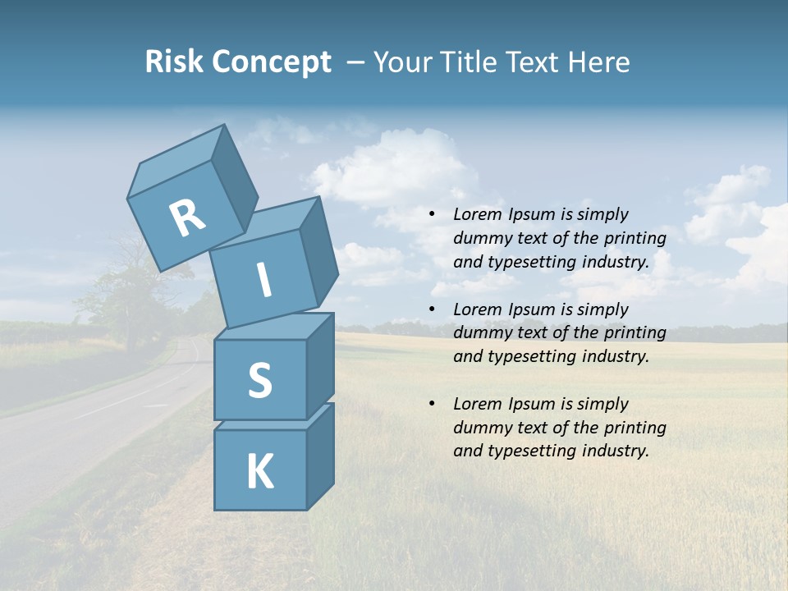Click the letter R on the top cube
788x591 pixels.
[x=187, y=218]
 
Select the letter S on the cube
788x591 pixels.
[x=259, y=380]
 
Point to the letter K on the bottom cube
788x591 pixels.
[x=259, y=472]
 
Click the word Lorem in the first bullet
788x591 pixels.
[x=478, y=214]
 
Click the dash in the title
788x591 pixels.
[x=355, y=62]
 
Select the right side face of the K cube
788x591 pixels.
[x=320, y=456]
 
